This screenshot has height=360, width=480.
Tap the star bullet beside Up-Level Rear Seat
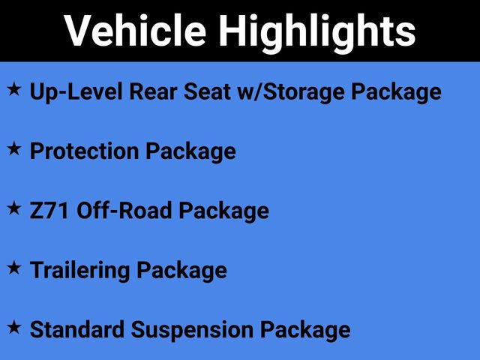tap(14, 90)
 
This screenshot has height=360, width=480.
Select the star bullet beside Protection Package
tap(14, 149)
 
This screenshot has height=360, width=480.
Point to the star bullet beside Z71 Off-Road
tap(14, 208)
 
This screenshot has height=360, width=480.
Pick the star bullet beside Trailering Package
tap(14, 268)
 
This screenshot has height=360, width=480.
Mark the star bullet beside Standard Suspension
tap(14, 327)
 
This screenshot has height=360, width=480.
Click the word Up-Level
tap(73, 92)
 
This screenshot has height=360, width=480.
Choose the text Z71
tap(50, 211)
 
